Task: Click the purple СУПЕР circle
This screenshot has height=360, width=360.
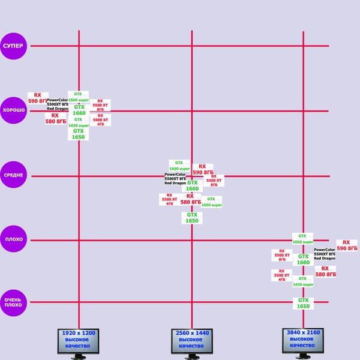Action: point(14,46)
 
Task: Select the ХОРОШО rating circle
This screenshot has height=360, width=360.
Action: point(14,110)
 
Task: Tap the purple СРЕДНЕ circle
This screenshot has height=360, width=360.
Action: point(14,175)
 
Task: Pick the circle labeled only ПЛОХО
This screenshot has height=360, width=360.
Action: point(14,239)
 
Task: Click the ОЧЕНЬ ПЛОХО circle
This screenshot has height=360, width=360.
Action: point(14,302)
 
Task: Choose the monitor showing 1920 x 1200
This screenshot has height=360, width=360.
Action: point(78,341)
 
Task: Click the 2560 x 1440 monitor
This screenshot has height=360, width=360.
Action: point(191,341)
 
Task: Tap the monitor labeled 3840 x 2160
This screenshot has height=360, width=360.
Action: point(303,341)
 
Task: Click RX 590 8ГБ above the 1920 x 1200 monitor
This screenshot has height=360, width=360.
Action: point(38,98)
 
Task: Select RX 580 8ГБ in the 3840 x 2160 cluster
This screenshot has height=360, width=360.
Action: point(325,271)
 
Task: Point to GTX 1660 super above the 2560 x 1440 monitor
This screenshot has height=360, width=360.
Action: point(179,166)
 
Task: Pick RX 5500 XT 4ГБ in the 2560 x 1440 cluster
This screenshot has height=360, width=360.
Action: point(169,199)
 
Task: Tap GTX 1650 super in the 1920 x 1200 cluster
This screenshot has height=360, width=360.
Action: point(78,122)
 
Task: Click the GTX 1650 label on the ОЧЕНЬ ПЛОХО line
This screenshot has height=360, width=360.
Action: point(303,303)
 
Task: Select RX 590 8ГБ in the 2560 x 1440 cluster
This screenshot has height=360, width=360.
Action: point(202,169)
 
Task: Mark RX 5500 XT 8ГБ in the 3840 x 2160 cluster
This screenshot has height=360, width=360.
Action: point(282,255)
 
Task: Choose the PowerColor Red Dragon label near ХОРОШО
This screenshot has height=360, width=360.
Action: point(58,104)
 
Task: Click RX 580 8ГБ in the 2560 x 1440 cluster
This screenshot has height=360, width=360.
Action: point(190,199)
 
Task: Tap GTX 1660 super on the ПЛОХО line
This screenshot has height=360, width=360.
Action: point(302,239)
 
